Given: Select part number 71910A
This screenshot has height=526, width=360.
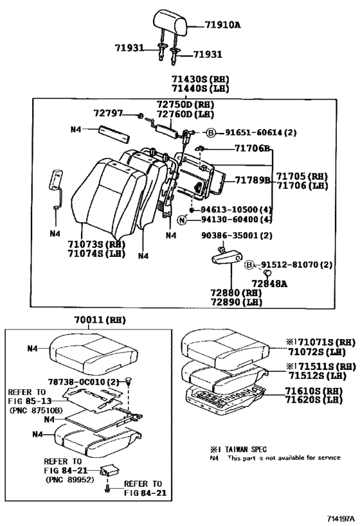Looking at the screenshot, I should (x=222, y=25).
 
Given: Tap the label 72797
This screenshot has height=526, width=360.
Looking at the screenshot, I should (x=107, y=112).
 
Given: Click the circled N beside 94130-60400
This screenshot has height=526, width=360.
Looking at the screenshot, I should (x=182, y=220).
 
